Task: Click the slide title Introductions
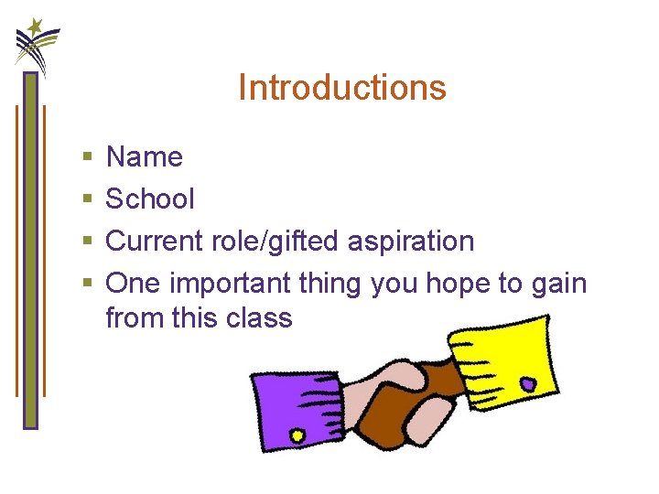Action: click(x=341, y=88)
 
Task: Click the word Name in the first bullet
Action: click(x=145, y=157)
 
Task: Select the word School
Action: click(x=150, y=199)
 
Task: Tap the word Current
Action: click(x=157, y=242)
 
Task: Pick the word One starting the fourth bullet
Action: click(x=133, y=284)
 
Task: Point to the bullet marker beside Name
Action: click(x=86, y=158)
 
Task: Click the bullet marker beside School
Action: click(x=86, y=199)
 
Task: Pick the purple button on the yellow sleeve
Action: click(x=528, y=382)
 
